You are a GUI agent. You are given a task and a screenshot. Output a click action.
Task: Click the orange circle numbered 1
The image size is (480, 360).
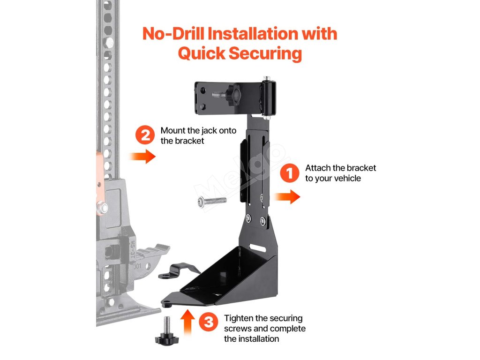289,173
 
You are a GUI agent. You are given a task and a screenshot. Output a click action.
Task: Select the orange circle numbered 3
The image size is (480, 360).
209,322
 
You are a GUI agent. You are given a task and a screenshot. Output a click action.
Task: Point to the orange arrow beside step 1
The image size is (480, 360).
287,197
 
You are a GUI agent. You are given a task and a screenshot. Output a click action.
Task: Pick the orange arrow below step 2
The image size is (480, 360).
142,156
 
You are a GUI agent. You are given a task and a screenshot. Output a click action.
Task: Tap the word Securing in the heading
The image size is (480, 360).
266,53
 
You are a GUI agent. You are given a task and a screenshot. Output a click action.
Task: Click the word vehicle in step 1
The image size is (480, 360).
348,178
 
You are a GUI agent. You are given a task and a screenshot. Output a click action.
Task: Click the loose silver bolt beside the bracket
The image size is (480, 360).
212,201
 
